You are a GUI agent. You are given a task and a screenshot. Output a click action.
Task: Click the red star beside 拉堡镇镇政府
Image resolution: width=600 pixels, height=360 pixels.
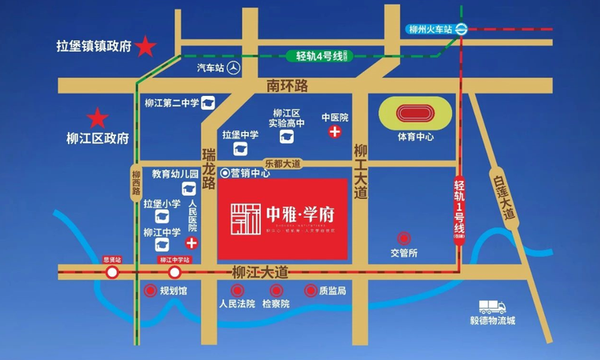point(146,47)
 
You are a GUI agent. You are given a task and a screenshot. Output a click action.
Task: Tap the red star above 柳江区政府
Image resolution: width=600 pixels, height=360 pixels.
point(98,119)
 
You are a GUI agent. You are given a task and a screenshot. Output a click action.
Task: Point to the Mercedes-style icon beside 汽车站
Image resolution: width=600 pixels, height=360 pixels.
point(234,68)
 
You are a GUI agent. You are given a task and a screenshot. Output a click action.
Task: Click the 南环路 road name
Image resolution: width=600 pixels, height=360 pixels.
point(288,85)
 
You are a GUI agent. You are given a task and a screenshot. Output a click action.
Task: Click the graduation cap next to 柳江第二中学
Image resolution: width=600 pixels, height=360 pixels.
point(207,102)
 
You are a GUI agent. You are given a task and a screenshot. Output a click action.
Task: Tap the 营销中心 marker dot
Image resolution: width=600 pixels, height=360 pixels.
point(225,172)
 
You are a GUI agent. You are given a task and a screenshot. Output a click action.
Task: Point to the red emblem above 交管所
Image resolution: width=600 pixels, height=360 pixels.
point(405,238)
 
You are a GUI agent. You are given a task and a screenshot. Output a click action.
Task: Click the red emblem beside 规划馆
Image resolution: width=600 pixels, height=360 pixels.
point(149,291)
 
